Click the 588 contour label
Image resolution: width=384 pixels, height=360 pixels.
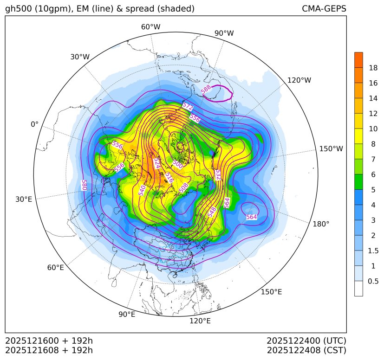tap(207, 89)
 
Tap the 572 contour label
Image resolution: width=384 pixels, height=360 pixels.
tap(187, 107)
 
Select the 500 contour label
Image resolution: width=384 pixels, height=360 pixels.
tap(178, 164)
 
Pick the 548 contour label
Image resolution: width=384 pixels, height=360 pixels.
tap(212, 212)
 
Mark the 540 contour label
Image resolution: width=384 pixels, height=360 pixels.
tap(142, 190)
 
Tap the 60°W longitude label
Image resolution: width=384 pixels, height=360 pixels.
tap(150, 27)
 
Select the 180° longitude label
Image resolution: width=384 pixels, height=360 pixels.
tap(321, 224)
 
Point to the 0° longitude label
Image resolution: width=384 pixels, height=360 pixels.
tap(34, 124)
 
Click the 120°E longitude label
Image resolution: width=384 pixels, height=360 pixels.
tap(200, 321)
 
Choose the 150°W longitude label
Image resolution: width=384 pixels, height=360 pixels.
tap(331, 149)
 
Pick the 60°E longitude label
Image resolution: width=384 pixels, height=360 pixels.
tap(56, 268)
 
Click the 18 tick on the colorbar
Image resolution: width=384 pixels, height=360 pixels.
tap(373, 68)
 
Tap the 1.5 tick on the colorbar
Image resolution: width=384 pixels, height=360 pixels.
tap(373, 251)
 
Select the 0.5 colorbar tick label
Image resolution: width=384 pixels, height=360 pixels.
tap(373, 281)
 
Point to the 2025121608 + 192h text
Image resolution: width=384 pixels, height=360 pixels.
tap(49, 350)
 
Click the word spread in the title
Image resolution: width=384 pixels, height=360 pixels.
tap(132, 9)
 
